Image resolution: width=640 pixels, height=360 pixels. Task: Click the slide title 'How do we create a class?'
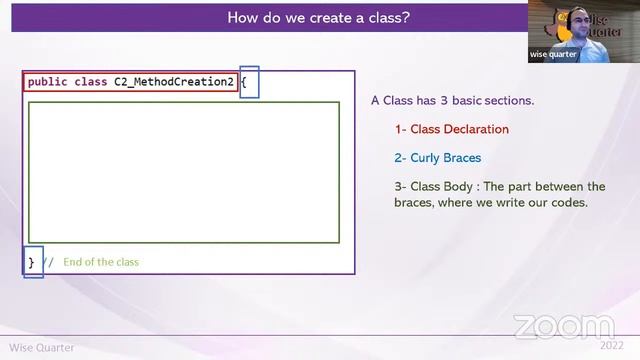318,17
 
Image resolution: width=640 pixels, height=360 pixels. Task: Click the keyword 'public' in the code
48,82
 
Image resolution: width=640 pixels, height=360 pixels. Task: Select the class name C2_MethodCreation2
174,82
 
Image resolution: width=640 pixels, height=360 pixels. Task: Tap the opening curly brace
243,82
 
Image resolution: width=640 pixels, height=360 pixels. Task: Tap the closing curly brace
31,262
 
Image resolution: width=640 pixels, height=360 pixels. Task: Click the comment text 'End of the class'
101,262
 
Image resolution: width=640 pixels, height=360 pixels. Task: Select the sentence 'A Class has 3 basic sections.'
452,100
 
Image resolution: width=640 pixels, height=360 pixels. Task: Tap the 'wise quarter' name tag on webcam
553,55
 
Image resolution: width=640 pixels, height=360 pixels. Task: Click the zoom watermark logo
564,326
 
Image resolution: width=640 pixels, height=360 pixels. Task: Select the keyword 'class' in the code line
91,82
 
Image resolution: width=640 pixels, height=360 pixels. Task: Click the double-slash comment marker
48,262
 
